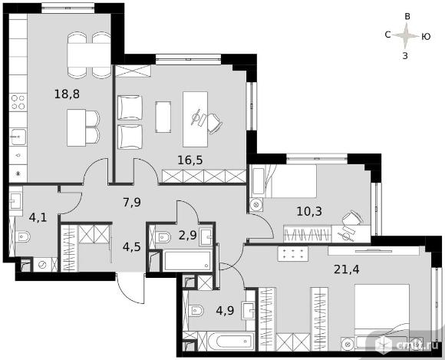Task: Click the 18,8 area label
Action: coord(67,94)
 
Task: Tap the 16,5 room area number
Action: coord(190,160)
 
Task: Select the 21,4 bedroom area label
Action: coord(347,269)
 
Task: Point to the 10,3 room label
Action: coord(309,211)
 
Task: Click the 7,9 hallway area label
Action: coord(132,203)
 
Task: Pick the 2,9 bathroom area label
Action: coord(188,236)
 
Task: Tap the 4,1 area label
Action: coord(38,218)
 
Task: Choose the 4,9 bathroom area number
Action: coord(225,311)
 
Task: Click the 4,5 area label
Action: coord(132,247)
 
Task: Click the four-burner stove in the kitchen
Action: coord(18,102)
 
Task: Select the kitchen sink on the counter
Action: coord(18,137)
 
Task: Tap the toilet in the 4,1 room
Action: coord(23,236)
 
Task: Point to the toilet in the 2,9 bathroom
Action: coord(163,237)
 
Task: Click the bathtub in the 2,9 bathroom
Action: coord(186,260)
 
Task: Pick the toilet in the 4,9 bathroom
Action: coord(196,310)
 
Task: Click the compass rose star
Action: coord(406,36)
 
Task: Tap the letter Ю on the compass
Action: coord(426,37)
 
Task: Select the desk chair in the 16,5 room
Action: coord(214,124)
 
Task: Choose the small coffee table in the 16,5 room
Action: coord(163,117)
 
